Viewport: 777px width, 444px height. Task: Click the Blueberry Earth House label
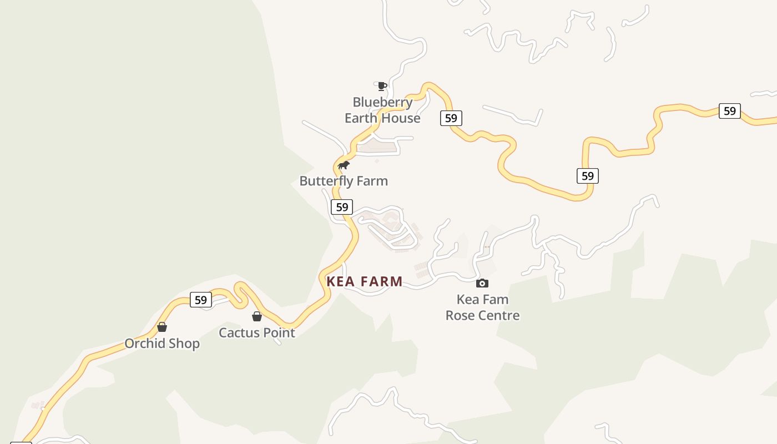coord(382,110)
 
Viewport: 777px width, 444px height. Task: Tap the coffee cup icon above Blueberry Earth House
coord(382,86)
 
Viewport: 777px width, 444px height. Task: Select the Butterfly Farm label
coord(344,181)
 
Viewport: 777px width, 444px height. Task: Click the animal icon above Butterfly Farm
coord(344,165)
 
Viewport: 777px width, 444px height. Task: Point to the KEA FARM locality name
coord(365,281)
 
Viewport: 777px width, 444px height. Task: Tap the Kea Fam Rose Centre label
coord(482,307)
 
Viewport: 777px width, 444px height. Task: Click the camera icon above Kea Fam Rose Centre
coord(482,283)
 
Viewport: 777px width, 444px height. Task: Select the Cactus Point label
coord(257,332)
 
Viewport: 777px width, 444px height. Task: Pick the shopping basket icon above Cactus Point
coord(257,316)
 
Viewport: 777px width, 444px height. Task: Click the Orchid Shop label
coord(162,344)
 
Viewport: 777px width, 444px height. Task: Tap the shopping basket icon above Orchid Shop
coord(162,327)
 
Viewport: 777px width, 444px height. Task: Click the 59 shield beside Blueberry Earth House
coord(451,118)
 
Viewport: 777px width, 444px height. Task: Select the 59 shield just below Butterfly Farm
coord(342,207)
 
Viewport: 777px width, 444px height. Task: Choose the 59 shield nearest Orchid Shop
coord(200,300)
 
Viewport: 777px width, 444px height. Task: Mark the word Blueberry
coord(382,102)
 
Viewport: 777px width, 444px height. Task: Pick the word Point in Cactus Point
coord(279,332)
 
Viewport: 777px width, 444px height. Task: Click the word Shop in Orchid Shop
coord(184,344)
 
